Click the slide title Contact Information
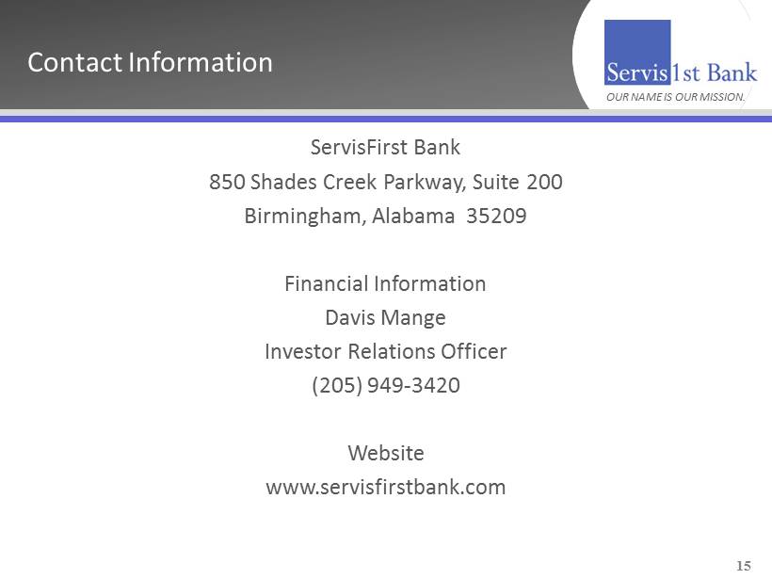150,62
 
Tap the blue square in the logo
637,52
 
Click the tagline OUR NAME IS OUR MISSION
676,97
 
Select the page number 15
744,566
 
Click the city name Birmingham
305,217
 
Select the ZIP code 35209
496,216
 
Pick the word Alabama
413,216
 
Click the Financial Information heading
385,283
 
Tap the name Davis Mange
385,318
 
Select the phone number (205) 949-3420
386,385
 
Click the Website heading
386,453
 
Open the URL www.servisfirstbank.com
386,487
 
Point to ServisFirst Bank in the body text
385,147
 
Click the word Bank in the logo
732,72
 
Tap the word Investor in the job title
303,351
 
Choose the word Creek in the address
350,182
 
